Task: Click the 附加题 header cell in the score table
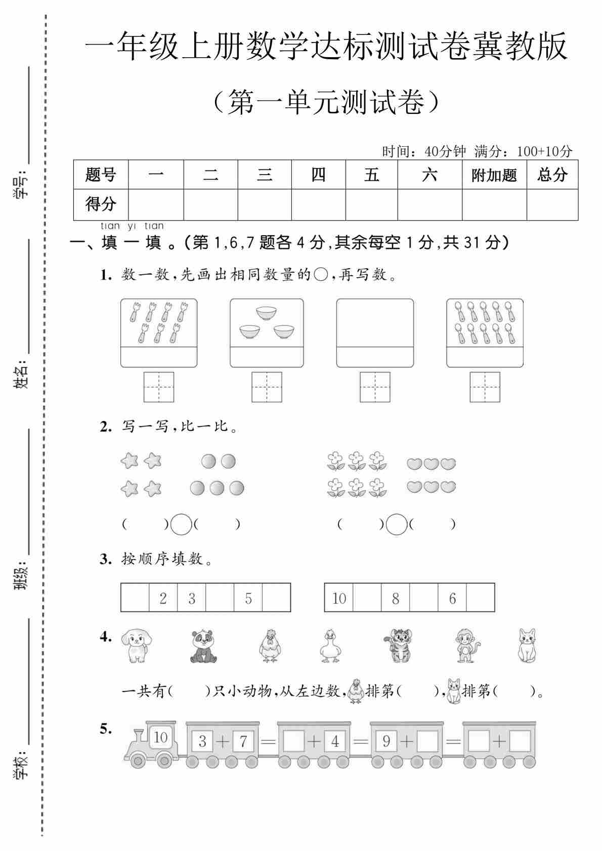[x=494, y=175]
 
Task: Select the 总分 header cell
[x=552, y=175]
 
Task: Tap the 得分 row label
[x=101, y=204]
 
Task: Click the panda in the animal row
[x=203, y=646]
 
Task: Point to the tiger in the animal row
[x=399, y=646]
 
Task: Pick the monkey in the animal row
[x=466, y=646]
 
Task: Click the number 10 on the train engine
[x=160, y=737]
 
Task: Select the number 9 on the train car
[x=386, y=742]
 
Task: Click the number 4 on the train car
[x=334, y=742]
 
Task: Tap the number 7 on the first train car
[x=243, y=742]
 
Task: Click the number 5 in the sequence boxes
[x=248, y=599]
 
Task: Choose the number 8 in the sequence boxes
[x=396, y=599]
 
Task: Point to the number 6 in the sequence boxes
[x=452, y=599]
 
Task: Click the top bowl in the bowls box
[x=266, y=313]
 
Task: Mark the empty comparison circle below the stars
[x=181, y=525]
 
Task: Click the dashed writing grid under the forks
[x=159, y=387]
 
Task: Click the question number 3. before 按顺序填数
[x=105, y=560]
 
